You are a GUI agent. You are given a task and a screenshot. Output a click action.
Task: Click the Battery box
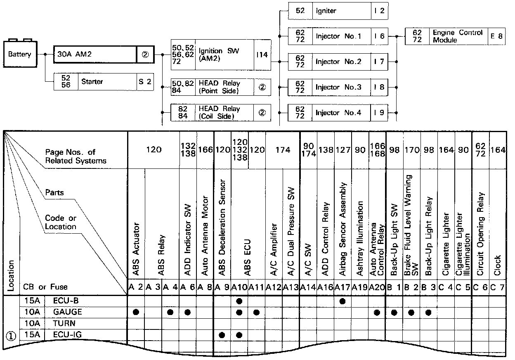[x=19, y=54]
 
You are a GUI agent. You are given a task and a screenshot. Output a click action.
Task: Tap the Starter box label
[x=92, y=82]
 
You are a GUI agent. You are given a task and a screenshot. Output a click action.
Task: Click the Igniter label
[x=326, y=11]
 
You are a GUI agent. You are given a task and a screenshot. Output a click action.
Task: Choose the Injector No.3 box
[x=338, y=87]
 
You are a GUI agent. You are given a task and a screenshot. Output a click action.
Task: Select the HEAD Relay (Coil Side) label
[x=219, y=112]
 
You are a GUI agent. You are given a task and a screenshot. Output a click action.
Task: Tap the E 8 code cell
[x=496, y=36]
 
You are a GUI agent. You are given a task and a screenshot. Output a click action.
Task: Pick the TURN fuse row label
[x=64, y=323]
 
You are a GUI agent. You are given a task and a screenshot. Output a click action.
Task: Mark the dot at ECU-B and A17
[x=343, y=301]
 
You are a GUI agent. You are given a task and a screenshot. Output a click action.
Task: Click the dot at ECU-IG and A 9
[x=222, y=334]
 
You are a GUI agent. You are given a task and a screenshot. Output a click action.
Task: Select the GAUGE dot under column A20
[x=377, y=312]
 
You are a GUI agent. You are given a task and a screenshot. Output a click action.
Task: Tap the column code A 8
[x=205, y=287]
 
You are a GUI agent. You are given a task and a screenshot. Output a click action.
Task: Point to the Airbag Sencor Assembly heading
[x=343, y=229]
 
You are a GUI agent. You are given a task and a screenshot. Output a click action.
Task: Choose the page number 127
[x=343, y=150]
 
